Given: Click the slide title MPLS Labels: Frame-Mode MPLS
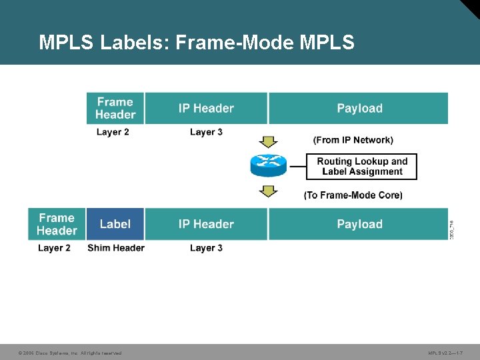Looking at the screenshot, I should pyautogui.click(x=197, y=43).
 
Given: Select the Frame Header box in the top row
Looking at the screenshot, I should pyautogui.click(x=115, y=108).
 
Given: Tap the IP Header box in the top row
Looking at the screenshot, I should pyautogui.click(x=206, y=108).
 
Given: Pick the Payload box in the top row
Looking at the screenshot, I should pyautogui.click(x=359, y=108).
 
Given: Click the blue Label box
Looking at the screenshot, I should pyautogui.click(x=115, y=224).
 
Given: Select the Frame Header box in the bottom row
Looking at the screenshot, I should pyautogui.click(x=57, y=224).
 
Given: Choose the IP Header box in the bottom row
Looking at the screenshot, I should pyautogui.click(x=206, y=224).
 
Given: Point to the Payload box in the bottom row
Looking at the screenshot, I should pyautogui.click(x=359, y=224).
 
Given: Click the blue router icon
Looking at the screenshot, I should pyautogui.click(x=268, y=165).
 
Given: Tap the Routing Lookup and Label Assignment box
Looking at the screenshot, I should pyautogui.click(x=361, y=167).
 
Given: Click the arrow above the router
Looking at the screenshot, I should pyautogui.click(x=268, y=141).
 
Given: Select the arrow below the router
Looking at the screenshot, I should pyautogui.click(x=268, y=191).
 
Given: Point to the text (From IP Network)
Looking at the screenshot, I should pyautogui.click(x=353, y=140).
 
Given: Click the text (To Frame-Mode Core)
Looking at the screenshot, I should pyautogui.click(x=353, y=195).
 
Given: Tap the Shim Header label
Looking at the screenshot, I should pyautogui.click(x=116, y=248).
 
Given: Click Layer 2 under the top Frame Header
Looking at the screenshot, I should pyautogui.click(x=113, y=132).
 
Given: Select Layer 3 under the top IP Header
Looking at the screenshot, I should pyautogui.click(x=206, y=132).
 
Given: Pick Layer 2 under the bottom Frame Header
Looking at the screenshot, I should pyautogui.click(x=54, y=248).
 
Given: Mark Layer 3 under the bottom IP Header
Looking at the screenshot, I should pyautogui.click(x=206, y=248).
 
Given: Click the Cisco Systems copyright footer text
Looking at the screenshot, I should pyautogui.click(x=70, y=353).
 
